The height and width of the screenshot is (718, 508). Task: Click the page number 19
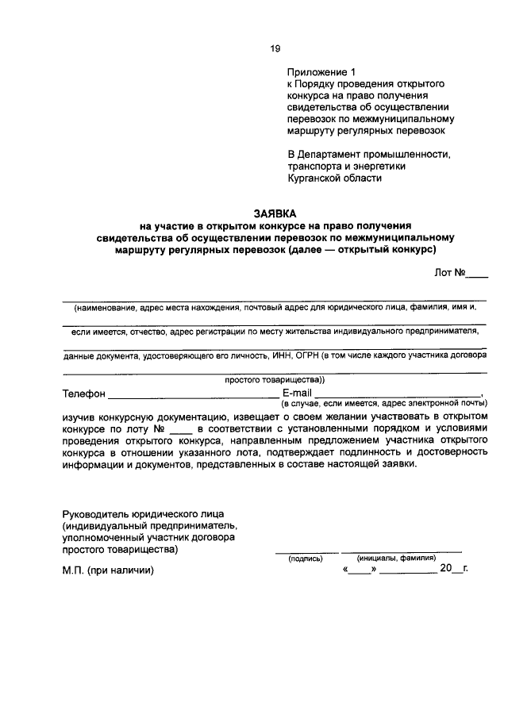click(275, 48)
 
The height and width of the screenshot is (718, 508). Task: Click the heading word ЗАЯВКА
click(275, 213)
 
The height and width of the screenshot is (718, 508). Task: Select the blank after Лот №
click(477, 274)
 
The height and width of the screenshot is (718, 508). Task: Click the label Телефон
click(83, 394)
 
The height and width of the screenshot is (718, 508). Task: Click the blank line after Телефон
click(193, 394)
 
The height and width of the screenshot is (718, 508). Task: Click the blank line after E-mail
click(398, 394)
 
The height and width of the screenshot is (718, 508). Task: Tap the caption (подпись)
click(305, 559)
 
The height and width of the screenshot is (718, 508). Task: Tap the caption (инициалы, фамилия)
click(402, 559)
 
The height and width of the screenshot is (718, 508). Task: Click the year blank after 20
click(456, 570)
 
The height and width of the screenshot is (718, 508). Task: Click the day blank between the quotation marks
click(359, 570)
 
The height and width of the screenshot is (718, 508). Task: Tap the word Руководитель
click(99, 513)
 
